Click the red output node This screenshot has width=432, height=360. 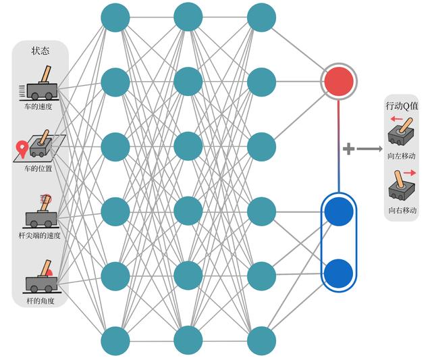coord(339,82)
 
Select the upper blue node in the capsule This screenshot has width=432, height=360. coord(339,212)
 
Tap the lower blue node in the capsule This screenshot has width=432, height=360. coord(339,274)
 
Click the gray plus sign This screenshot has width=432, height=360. coord(349,149)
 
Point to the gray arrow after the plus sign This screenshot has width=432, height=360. coord(369,149)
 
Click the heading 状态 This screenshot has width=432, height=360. coord(40,51)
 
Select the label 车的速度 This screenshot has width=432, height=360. coord(39,106)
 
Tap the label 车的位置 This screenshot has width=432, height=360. coord(39,168)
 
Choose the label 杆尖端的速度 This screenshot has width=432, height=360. coord(39,235)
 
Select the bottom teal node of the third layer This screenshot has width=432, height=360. coord(262,340)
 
